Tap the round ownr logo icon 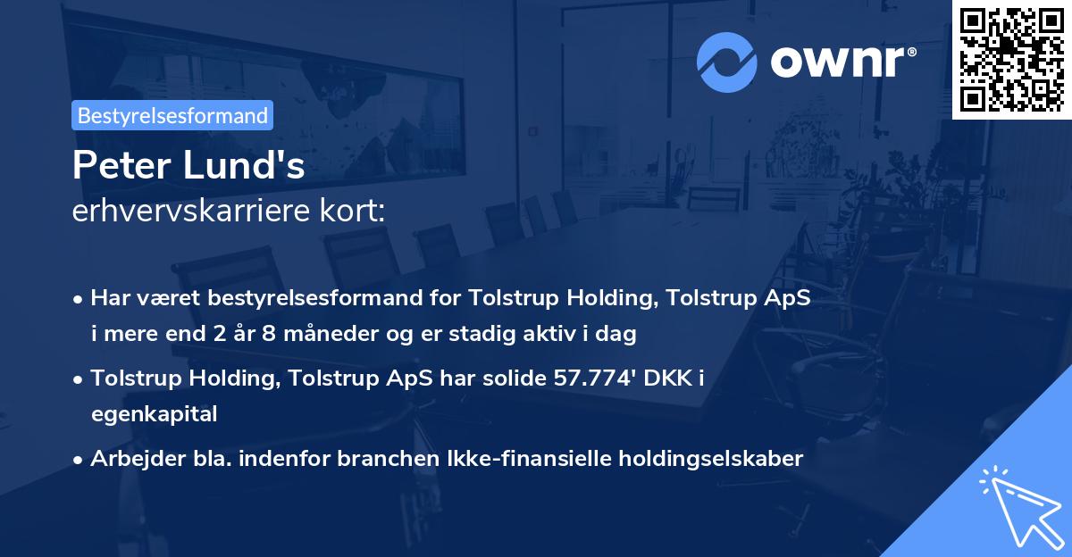point(727,62)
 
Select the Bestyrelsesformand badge point(172,115)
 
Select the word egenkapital point(154,413)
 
